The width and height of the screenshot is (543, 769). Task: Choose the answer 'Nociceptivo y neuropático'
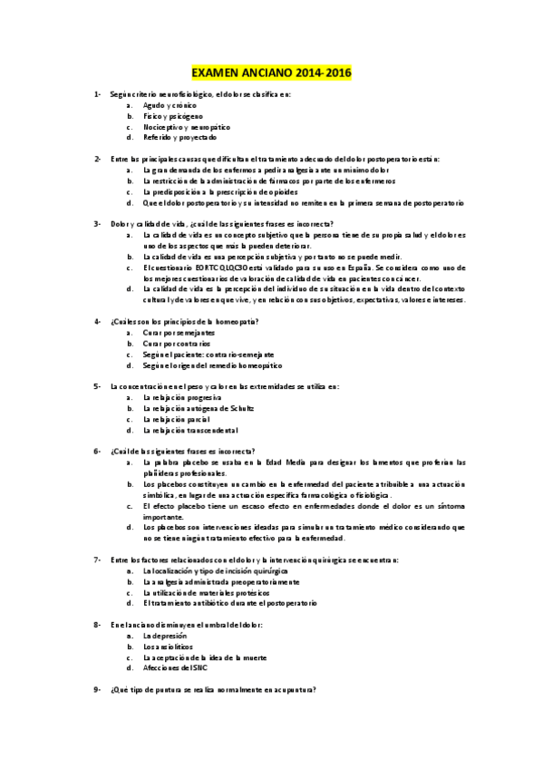[187, 127]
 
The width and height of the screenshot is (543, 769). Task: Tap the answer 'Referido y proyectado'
[179, 138]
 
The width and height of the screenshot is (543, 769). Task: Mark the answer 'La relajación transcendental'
[190, 430]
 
